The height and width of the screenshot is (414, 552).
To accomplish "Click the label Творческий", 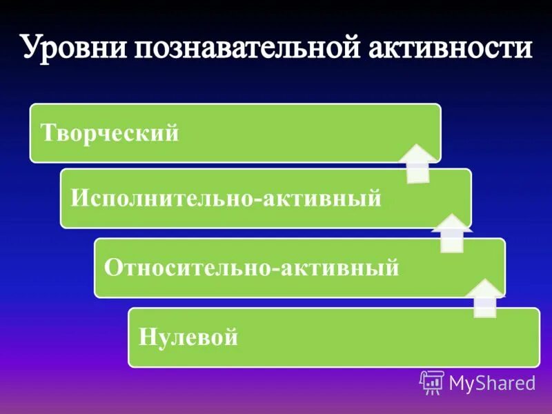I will [x=110, y=132].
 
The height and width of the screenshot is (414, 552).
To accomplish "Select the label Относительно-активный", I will [x=251, y=267].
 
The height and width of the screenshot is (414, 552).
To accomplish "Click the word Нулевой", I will [x=188, y=337].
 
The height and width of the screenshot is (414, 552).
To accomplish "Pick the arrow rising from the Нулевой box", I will [x=485, y=298].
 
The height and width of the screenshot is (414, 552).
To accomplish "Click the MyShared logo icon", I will [x=432, y=382].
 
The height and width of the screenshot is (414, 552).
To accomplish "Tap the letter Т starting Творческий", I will [x=48, y=132].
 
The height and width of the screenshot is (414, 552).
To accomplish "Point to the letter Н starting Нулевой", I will [x=146, y=337].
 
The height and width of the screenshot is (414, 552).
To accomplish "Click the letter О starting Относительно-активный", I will [x=112, y=267].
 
